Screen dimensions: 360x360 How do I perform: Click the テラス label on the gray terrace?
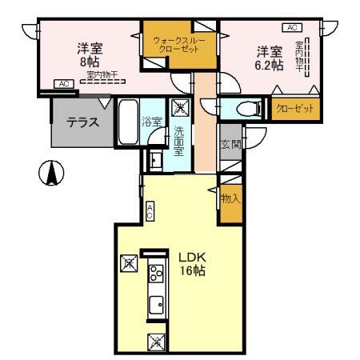(82, 123)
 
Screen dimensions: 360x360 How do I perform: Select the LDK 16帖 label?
(193, 263)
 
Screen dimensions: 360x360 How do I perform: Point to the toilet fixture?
(243, 109)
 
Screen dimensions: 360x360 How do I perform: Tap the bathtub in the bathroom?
(128, 121)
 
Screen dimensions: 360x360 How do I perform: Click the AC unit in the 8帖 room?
(64, 83)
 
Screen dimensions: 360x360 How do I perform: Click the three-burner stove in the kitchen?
(155, 277)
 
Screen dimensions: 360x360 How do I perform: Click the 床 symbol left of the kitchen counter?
(127, 262)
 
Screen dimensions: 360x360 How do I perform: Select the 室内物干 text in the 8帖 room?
(103, 75)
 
